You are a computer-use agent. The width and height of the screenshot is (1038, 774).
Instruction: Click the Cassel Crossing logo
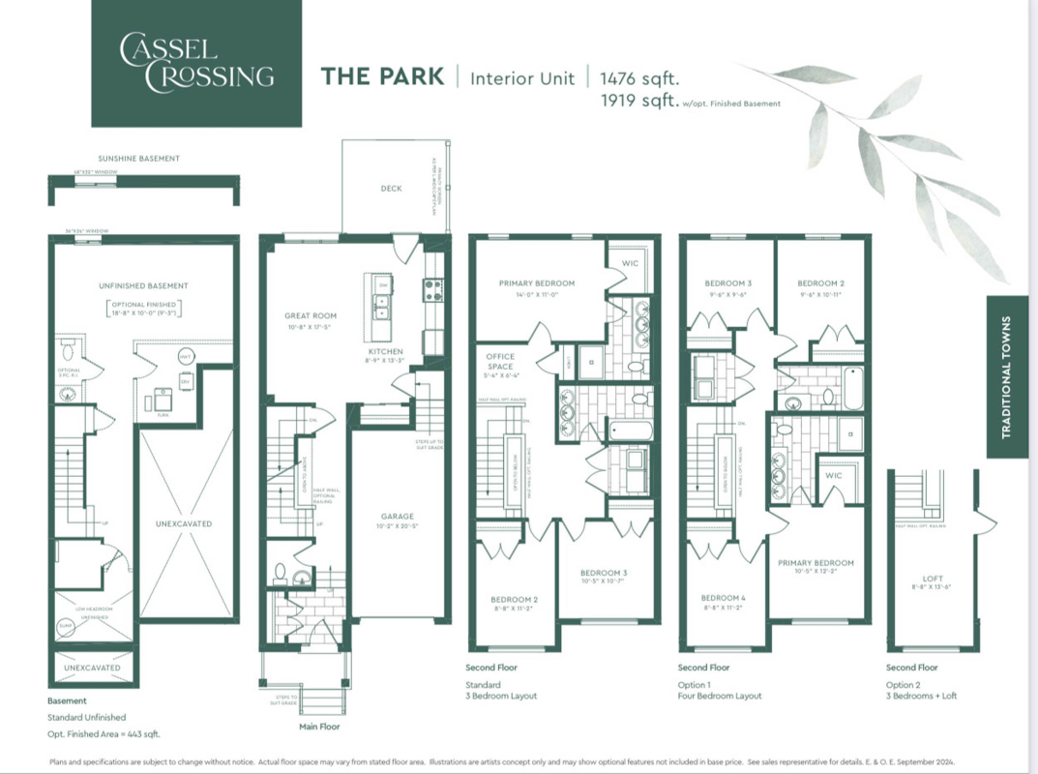click(x=196, y=63)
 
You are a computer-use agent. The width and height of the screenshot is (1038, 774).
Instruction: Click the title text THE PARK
click(x=382, y=77)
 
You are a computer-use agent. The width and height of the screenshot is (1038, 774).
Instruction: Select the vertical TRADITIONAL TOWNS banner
click(x=1006, y=376)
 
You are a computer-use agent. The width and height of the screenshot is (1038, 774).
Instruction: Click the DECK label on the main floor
click(x=391, y=189)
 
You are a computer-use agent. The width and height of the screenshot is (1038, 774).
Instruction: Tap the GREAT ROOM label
click(x=310, y=315)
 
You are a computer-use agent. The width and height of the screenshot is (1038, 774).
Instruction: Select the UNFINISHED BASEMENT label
click(x=143, y=285)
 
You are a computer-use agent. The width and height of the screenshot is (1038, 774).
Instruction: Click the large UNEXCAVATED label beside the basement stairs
click(x=183, y=523)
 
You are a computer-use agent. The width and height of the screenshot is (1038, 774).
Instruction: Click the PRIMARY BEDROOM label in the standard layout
click(x=536, y=283)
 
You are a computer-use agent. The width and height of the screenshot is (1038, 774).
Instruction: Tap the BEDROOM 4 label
click(x=724, y=598)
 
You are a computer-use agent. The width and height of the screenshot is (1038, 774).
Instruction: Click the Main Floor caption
click(x=319, y=726)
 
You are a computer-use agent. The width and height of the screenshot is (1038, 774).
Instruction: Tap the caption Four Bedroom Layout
click(x=720, y=696)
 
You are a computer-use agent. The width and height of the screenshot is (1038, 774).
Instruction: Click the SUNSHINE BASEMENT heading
click(x=138, y=158)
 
